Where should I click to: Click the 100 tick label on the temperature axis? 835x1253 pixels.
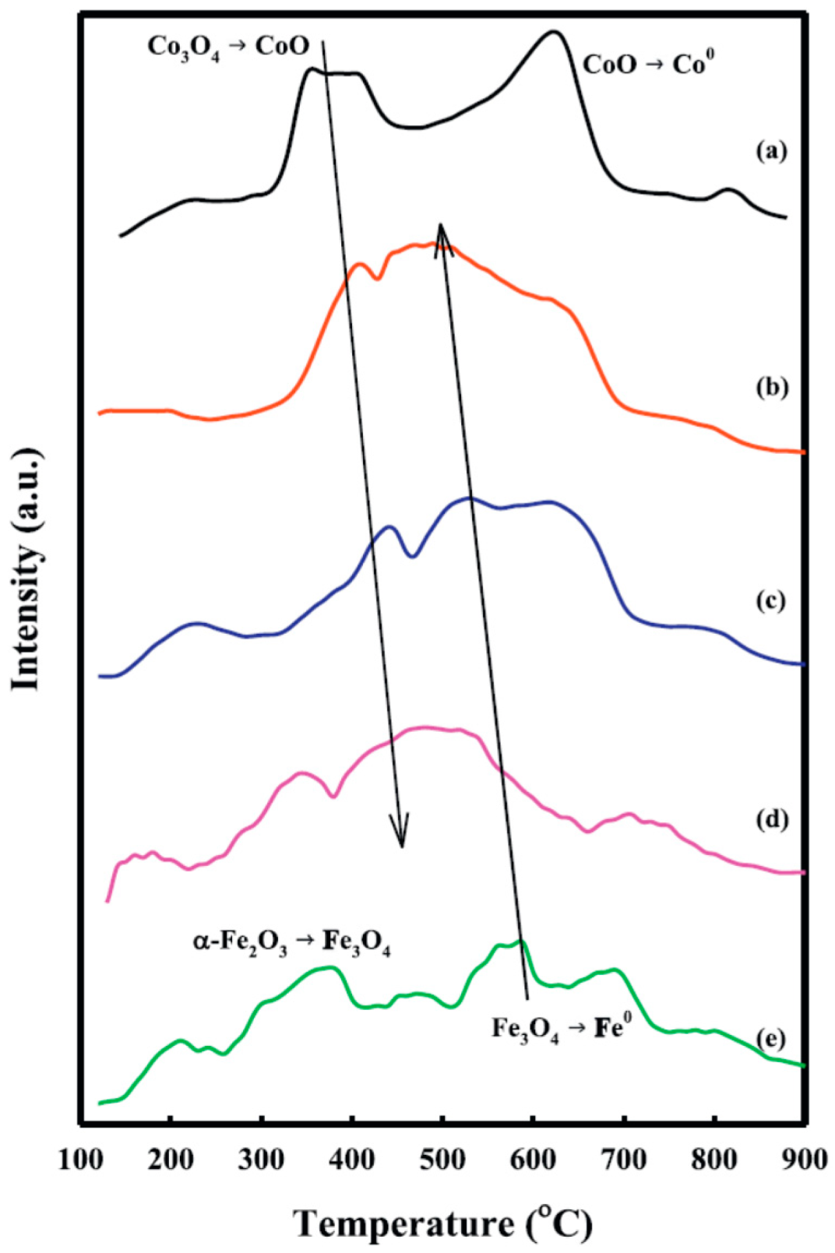pyautogui.click(x=80, y=1160)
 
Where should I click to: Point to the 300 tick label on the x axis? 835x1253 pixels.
pyautogui.click(x=261, y=1160)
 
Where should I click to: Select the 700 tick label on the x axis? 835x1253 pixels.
pyautogui.click(x=623, y=1160)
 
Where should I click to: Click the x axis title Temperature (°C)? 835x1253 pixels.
pyautogui.click(x=442, y=1223)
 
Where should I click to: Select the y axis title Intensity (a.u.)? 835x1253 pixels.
pyautogui.click(x=26, y=569)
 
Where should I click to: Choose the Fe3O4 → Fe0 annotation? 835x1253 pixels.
pyautogui.click(x=560, y=1029)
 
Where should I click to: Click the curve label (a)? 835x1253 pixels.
pyautogui.click(x=772, y=151)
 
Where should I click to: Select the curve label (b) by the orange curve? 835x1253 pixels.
pyautogui.click(x=772, y=387)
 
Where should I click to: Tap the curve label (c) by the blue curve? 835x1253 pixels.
pyautogui.click(x=772, y=600)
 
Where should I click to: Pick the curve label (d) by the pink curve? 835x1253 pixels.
pyautogui.click(x=772, y=819)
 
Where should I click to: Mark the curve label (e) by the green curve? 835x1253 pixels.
pyautogui.click(x=772, y=1040)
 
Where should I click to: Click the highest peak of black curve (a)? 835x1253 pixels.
pyautogui.click(x=553, y=33)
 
